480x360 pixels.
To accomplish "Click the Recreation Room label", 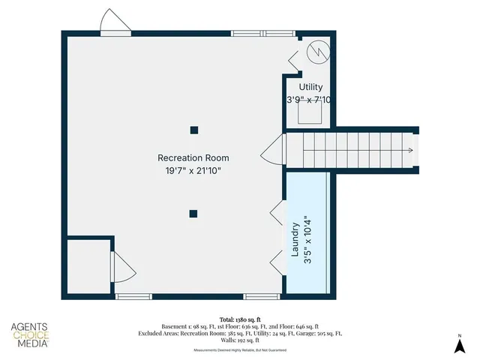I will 193,158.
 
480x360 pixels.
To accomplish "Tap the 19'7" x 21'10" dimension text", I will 193,171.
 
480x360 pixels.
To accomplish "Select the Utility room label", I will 310,88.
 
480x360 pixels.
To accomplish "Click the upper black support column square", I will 193,130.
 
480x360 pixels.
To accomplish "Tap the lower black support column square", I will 193,214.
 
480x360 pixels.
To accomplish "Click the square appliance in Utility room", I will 310,112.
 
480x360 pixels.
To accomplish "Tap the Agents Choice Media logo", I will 30,335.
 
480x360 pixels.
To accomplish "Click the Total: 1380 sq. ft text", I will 239,318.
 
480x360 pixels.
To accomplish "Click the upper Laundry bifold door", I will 277,213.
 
